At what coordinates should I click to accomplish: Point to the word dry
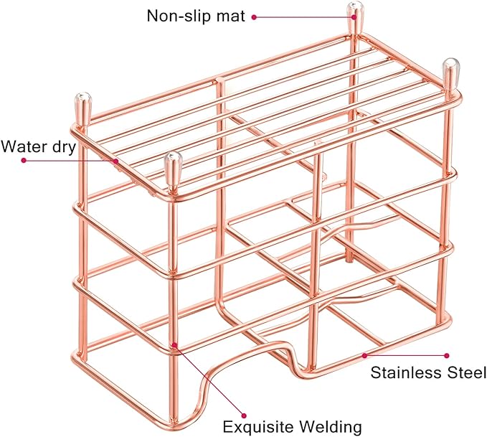62,146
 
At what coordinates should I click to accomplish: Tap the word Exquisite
258,427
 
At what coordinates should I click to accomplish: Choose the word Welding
330,427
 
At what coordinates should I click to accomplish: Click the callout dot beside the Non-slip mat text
254,17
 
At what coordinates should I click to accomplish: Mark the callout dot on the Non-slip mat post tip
354,17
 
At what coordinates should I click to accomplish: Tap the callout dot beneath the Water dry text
24,161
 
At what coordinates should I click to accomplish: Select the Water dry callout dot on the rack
116,161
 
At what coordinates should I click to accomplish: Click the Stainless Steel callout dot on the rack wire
364,355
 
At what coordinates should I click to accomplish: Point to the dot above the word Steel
447,355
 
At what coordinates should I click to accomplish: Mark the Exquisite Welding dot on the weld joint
174,344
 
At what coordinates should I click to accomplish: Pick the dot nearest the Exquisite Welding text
244,415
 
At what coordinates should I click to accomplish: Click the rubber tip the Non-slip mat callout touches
355,17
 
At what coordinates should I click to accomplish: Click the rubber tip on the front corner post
172,167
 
